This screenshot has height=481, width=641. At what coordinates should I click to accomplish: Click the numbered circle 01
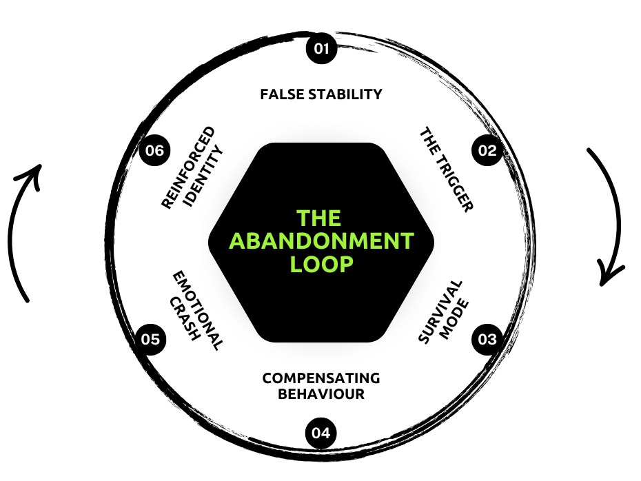coord(321,49)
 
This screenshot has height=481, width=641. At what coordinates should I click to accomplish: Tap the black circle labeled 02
coord(487,151)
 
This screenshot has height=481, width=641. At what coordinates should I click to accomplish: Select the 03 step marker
coord(487,339)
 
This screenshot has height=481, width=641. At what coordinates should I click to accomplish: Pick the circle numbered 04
coord(321,433)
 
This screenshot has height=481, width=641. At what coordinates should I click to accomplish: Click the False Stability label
coord(321,94)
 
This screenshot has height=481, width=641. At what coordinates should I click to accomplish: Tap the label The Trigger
coord(447,170)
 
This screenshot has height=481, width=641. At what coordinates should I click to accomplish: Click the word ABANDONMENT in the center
coord(321,241)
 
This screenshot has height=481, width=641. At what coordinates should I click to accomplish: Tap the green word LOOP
coord(321,264)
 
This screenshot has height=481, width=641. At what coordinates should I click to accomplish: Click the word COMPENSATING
coord(321,378)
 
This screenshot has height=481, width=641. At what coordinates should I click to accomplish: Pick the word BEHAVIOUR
coord(321,395)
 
